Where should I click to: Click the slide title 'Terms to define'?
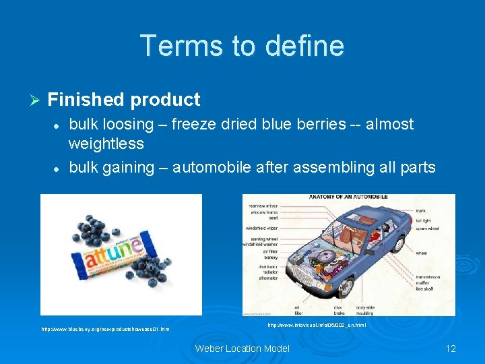(x=242, y=46)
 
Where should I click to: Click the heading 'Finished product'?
(x=124, y=100)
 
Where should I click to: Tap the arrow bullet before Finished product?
(x=36, y=100)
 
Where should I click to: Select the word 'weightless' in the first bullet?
(x=106, y=144)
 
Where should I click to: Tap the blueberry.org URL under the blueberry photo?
(x=105, y=329)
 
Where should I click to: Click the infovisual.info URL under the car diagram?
(x=317, y=325)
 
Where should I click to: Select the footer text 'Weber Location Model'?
(x=242, y=348)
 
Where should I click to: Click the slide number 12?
(x=451, y=348)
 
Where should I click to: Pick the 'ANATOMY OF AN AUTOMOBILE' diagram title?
(x=348, y=198)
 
